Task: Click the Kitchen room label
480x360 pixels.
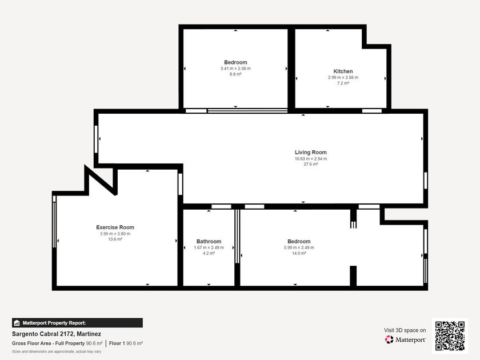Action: pyautogui.click(x=343, y=71)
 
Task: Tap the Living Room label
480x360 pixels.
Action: pyautogui.click(x=311, y=153)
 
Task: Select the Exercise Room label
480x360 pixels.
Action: pyautogui.click(x=115, y=227)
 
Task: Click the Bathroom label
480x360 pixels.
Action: pyautogui.click(x=209, y=242)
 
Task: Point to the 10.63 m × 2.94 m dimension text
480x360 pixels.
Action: pyautogui.click(x=311, y=159)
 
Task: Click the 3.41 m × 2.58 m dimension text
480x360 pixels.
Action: pyautogui.click(x=235, y=69)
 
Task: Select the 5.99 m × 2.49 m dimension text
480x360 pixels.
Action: pyautogui.click(x=299, y=247)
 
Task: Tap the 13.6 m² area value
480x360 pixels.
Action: pyautogui.click(x=115, y=239)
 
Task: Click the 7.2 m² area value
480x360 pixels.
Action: pyautogui.click(x=343, y=83)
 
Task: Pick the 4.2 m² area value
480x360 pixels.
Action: pyautogui.click(x=209, y=254)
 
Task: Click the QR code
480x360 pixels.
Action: pyautogui.click(x=450, y=336)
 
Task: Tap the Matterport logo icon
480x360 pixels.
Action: pyautogui.click(x=389, y=339)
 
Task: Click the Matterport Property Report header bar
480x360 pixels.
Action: pyautogui.click(x=77, y=323)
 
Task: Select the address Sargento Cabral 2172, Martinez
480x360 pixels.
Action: pyautogui.click(x=57, y=334)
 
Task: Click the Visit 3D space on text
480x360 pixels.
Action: pyautogui.click(x=405, y=330)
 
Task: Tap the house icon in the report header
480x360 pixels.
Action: pyautogui.click(x=17, y=323)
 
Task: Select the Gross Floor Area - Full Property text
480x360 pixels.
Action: pyautogui.click(x=49, y=343)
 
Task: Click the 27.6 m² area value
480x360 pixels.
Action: pyautogui.click(x=311, y=165)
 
